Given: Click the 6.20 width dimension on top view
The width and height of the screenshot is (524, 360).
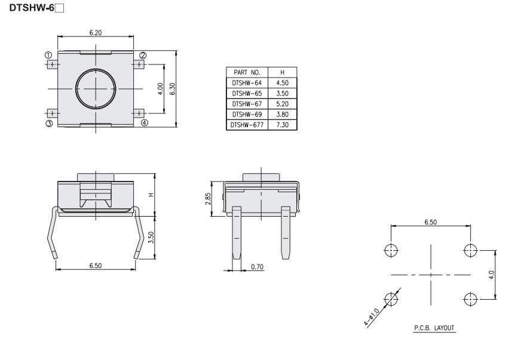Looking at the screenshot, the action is pyautogui.click(x=95, y=33).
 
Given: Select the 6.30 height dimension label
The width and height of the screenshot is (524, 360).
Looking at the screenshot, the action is pyautogui.click(x=173, y=89).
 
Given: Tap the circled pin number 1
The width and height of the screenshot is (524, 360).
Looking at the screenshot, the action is pyautogui.click(x=48, y=55).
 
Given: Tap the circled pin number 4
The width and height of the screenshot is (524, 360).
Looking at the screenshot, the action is pyautogui.click(x=144, y=123).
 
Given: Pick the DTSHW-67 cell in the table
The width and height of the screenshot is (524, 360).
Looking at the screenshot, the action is pyautogui.click(x=247, y=104).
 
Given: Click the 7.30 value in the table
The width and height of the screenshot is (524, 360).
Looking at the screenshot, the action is pyautogui.click(x=283, y=125).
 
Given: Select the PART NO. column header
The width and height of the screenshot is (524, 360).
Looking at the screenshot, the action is pyautogui.click(x=247, y=72).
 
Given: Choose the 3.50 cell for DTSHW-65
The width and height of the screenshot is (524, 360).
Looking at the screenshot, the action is pyautogui.click(x=283, y=94).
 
